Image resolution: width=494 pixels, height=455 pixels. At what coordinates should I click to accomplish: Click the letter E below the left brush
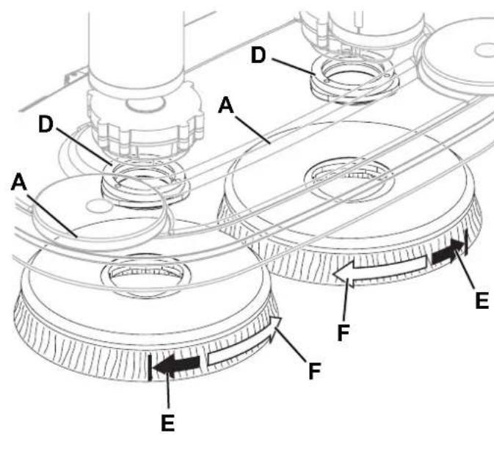tap(167, 423)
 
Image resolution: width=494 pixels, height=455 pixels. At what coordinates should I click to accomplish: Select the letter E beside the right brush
tap(482, 300)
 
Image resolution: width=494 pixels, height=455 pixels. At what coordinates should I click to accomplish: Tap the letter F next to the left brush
tap(315, 371)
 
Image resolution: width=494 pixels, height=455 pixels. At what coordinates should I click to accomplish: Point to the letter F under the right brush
tap(344, 333)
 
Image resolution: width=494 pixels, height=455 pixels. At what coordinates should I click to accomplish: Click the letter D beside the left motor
tap(46, 124)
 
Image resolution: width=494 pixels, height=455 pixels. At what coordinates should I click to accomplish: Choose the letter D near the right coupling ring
tap(258, 55)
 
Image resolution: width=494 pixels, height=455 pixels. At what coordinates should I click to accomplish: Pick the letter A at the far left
tap(18, 183)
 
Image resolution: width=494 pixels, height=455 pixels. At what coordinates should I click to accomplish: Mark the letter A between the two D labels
tap(226, 105)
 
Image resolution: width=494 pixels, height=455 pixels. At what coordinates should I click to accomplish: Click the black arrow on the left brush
tap(176, 365)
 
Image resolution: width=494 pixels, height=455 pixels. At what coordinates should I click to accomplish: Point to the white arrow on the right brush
tap(380, 269)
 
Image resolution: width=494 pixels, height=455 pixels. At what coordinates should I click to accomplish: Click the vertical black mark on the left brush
tap(150, 367)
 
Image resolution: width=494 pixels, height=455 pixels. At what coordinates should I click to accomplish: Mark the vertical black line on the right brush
tap(466, 242)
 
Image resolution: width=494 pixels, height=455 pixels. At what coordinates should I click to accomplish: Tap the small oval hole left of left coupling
tap(99, 206)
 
